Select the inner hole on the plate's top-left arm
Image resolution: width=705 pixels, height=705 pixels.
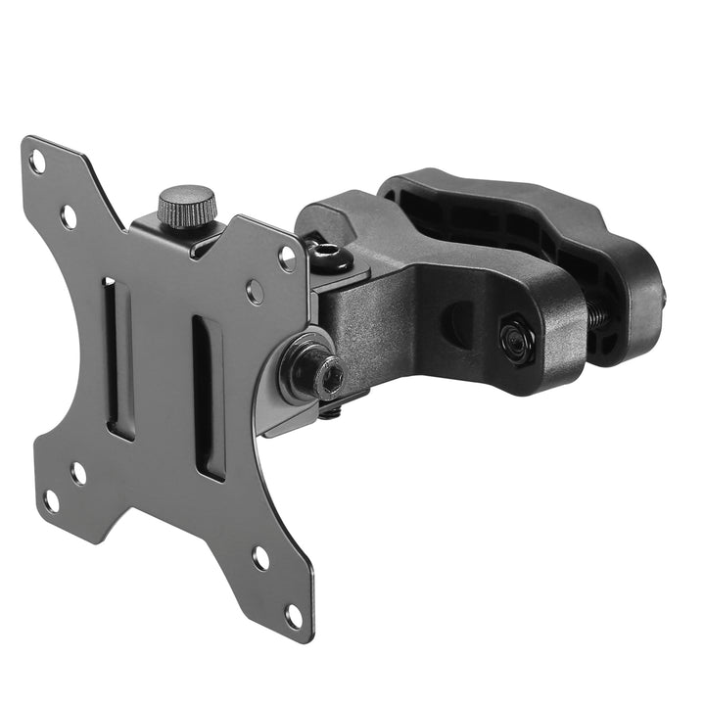69,216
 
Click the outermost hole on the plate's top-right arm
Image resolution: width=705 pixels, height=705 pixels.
287,258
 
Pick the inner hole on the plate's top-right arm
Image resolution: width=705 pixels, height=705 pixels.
255,291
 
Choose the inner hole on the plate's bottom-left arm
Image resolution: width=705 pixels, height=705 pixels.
78,473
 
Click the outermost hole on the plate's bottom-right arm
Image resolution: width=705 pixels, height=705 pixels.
293,616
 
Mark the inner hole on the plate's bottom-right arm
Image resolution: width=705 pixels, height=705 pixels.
260,558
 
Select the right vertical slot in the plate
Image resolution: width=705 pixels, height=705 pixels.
208,397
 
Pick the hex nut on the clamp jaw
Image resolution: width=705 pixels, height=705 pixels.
515,340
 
